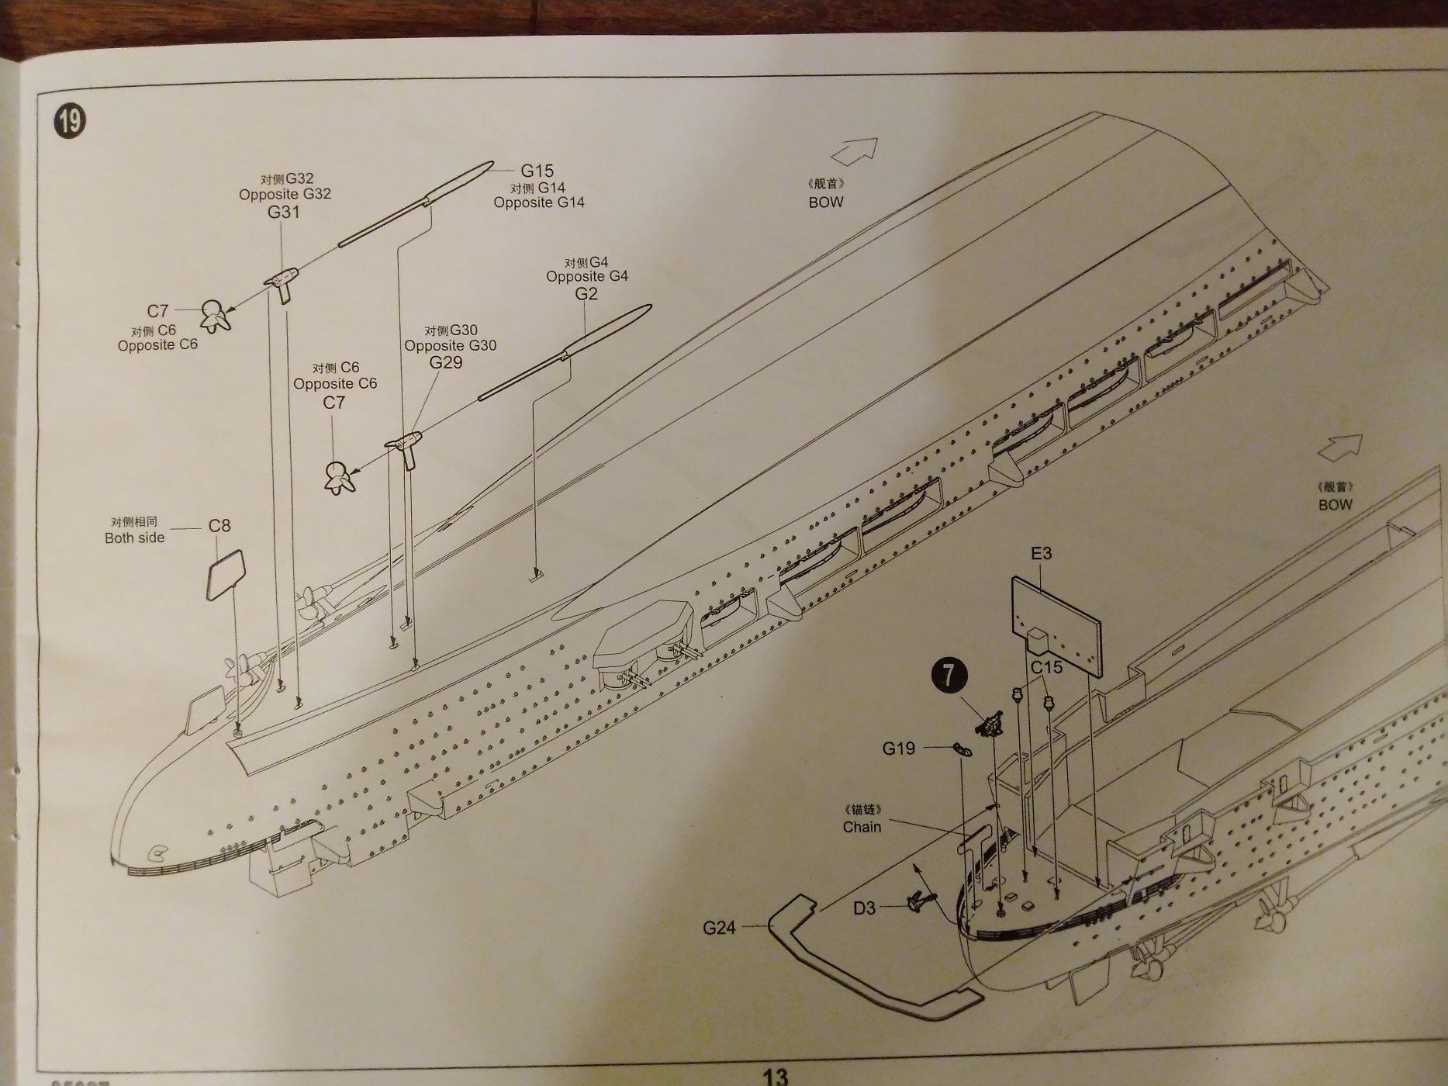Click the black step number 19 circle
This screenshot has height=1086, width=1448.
(69, 121)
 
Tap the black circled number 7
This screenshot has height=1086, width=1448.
(949, 674)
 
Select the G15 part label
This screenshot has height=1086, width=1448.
(537, 171)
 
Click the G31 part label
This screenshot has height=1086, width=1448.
(283, 212)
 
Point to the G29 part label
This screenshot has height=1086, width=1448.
(445, 362)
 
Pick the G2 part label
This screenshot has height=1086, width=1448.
(586, 294)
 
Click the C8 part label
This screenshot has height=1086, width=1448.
(219, 526)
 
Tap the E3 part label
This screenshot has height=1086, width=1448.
(1041, 553)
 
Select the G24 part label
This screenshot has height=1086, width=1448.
(719, 928)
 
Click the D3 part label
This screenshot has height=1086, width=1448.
(864, 908)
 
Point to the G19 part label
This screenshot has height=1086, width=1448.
(898, 749)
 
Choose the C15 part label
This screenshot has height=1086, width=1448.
(1046, 667)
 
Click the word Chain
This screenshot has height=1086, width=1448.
(862, 827)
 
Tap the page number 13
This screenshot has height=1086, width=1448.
(775, 1076)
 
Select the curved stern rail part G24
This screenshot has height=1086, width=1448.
(869, 970)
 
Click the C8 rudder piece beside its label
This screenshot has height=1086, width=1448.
(226, 575)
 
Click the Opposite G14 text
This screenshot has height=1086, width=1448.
(538, 202)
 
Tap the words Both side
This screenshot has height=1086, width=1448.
(134, 538)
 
